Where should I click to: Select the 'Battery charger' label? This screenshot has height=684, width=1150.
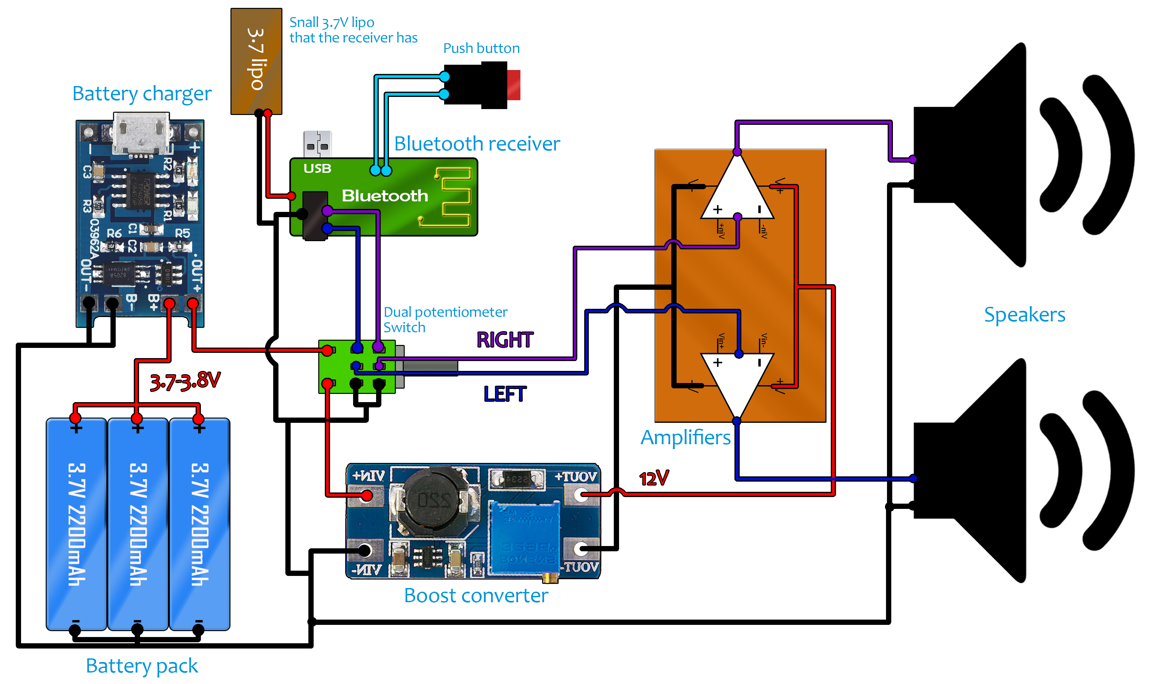coord(142,94)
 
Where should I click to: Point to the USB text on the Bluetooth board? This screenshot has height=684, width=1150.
coord(317,169)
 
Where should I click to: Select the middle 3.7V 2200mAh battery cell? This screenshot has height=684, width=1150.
coord(137,524)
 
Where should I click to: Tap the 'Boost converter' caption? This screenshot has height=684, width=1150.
coord(475,596)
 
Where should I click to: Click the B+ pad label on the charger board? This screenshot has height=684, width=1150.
coord(154,302)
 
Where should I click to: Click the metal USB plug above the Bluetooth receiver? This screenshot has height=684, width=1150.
coord(317,144)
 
